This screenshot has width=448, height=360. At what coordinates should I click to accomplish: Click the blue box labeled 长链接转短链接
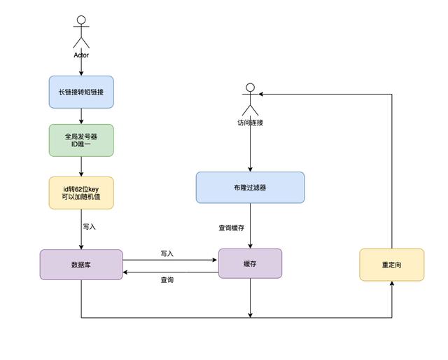(81, 92)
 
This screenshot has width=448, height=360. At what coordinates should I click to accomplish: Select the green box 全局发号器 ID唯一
(81, 141)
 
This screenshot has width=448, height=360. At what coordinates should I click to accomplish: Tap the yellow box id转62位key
(81, 193)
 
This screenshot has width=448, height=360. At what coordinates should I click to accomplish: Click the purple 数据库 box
(81, 265)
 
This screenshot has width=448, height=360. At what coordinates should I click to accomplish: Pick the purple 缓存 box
(250, 263)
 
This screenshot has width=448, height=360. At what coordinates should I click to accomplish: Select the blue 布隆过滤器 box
(250, 188)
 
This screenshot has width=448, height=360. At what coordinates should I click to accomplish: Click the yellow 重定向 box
(391, 265)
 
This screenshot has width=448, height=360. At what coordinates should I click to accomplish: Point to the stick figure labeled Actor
(81, 32)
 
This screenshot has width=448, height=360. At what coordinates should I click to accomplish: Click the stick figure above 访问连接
(250, 99)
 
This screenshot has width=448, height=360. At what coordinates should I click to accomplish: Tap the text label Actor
(81, 55)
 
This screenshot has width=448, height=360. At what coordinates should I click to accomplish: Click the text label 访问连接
(250, 123)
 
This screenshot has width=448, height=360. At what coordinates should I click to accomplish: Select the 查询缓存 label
(232, 228)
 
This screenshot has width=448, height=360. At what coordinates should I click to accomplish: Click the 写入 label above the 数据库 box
(89, 227)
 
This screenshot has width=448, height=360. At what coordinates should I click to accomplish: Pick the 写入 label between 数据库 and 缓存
(167, 254)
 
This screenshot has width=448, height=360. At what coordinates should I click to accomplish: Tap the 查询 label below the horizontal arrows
(167, 279)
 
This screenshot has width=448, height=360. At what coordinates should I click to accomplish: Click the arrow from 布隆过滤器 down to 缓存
(250, 226)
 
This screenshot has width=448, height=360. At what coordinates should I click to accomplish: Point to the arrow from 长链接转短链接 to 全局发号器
(81, 116)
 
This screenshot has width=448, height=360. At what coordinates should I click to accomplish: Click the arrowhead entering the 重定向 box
(391, 284)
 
